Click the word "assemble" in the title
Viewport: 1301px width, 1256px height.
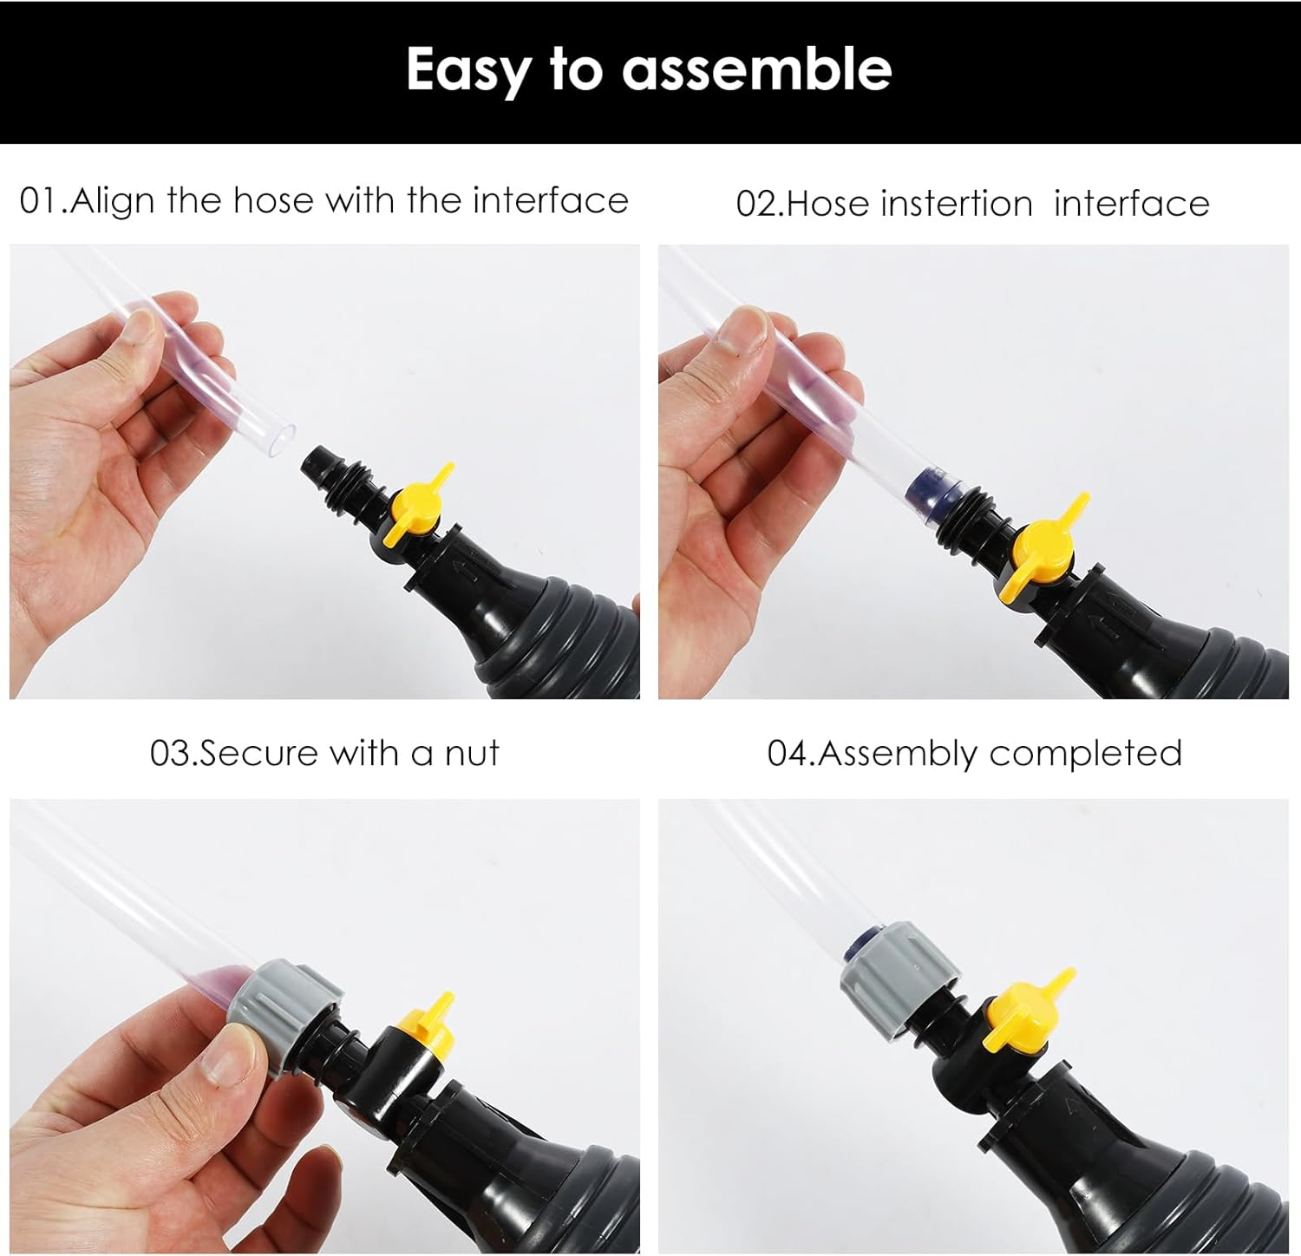756,69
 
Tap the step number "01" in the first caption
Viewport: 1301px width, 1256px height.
41,201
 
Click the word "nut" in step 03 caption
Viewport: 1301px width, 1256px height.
472,753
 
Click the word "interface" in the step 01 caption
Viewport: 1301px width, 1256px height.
550,201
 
